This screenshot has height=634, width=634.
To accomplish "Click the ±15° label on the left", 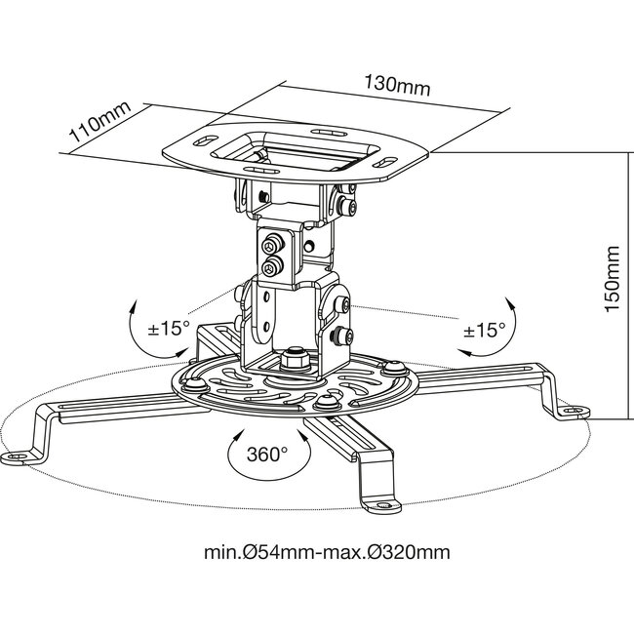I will [x=168, y=328].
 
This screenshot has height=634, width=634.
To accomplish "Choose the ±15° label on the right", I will [x=484, y=331].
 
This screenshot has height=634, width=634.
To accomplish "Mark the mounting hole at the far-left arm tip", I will [x=20, y=456].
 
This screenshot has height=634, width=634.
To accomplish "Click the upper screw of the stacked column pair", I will [x=270, y=243].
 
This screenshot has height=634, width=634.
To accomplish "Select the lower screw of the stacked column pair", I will [x=270, y=262].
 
